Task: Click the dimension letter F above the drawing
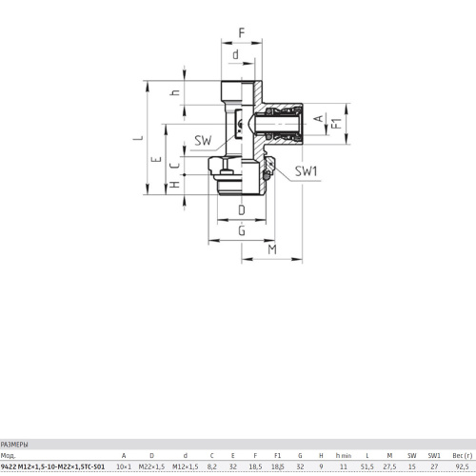(x=242, y=32)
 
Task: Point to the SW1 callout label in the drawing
(x=306, y=171)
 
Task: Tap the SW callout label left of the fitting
(x=203, y=140)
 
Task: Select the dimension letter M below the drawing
(x=272, y=249)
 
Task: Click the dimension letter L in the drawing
(x=139, y=138)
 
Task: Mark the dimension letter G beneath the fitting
(x=242, y=230)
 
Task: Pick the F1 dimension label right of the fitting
(x=337, y=123)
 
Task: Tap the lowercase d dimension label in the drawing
(x=235, y=54)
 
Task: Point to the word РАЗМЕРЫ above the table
(x=14, y=445)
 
